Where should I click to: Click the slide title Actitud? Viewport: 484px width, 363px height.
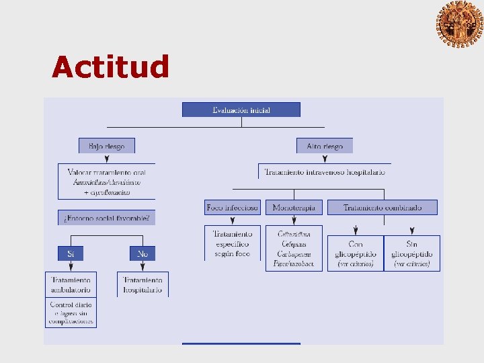(110, 67)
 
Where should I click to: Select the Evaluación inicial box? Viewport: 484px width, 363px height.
(241, 110)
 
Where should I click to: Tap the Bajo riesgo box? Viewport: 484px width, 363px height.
(107, 146)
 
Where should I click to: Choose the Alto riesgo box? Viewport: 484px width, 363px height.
(325, 146)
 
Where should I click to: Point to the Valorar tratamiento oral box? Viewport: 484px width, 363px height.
(107, 182)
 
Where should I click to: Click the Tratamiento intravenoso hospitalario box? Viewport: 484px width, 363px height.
(325, 172)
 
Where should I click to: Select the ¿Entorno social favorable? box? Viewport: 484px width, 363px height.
(107, 218)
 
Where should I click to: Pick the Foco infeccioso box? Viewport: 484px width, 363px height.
(233, 208)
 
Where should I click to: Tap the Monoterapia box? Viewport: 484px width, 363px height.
(294, 208)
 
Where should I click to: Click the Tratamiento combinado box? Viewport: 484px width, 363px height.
(382, 208)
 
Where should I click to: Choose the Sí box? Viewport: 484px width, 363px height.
(71, 253)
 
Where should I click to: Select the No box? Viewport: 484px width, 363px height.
(143, 253)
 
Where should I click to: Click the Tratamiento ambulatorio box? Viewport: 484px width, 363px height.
(71, 284)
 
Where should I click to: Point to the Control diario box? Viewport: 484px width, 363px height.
(71, 313)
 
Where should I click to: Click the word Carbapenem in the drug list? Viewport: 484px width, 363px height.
(294, 254)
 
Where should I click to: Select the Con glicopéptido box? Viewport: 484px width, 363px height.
(355, 253)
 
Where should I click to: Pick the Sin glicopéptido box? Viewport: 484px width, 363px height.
(412, 253)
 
